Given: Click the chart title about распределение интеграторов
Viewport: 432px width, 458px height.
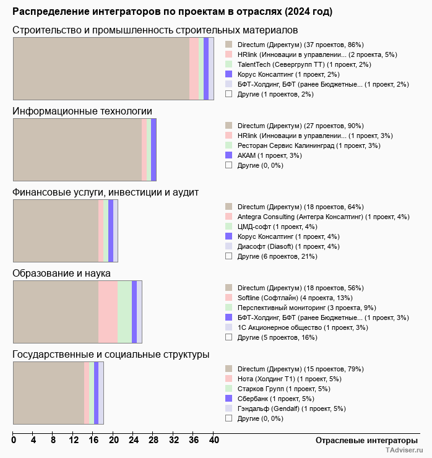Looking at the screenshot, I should [x=172, y=12].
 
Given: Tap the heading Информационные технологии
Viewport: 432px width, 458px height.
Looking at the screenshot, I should [x=82, y=111].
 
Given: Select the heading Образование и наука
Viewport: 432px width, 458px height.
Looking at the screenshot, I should [x=61, y=273].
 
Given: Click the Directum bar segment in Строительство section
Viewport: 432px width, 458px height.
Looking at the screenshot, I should [x=101, y=68].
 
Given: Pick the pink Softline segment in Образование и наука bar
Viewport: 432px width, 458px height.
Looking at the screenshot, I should [x=108, y=311].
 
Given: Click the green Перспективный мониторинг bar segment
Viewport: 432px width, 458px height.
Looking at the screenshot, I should [x=124, y=311].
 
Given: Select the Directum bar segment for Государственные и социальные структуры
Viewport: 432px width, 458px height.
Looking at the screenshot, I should [x=48, y=393].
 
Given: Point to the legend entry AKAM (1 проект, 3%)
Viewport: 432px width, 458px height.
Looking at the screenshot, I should [x=269, y=155].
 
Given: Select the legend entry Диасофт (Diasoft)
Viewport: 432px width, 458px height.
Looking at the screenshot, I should [x=289, y=246].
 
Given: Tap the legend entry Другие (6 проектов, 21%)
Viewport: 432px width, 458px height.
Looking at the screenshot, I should [x=277, y=256].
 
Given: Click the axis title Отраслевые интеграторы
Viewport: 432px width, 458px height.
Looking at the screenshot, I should [x=363, y=440].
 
